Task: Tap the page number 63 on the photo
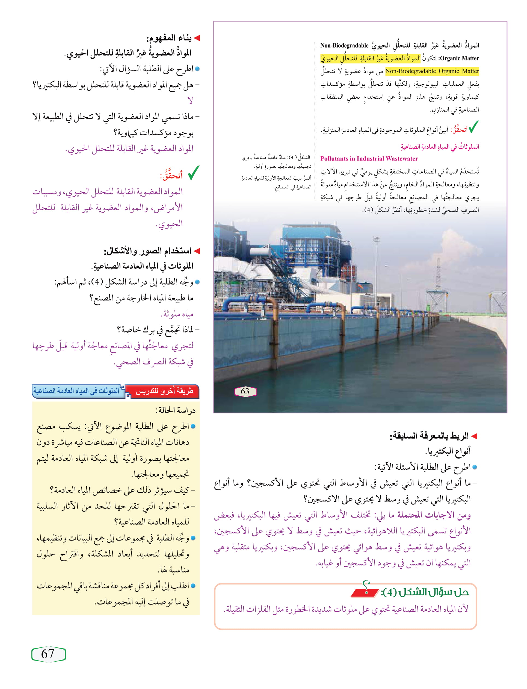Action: pyautogui.click(x=245, y=392)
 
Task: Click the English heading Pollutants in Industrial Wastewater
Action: pyautogui.click(x=369, y=159)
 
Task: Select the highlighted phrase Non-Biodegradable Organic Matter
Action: pyautogui.click(x=432, y=71)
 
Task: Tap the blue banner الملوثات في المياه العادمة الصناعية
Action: pyautogui.click(x=77, y=391)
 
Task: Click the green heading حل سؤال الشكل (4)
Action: pyautogui.click(x=425, y=592)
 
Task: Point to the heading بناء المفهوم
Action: pyautogui.click(x=169, y=38)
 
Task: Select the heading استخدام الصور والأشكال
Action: pyautogui.click(x=147, y=251)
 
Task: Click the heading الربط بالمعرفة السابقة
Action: pyautogui.click(x=429, y=436)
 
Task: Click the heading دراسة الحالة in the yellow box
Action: pyautogui.click(x=175, y=410)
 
